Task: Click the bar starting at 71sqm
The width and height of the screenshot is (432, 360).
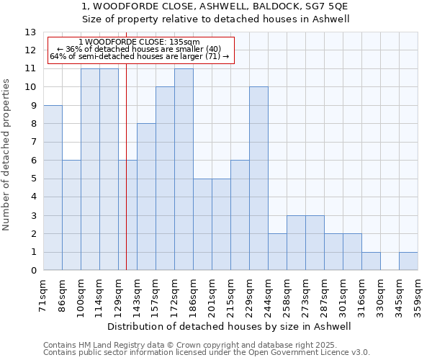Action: pos(53,188)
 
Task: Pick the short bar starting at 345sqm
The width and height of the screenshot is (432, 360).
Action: pos(408,261)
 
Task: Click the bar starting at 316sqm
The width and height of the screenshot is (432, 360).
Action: pos(371,261)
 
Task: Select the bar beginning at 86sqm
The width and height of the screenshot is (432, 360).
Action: pos(71,215)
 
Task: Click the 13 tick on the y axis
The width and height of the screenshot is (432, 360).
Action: pos(31,32)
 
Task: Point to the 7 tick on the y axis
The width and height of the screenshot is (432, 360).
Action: pos(33,143)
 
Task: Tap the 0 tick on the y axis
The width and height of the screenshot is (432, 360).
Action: pos(33,271)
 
